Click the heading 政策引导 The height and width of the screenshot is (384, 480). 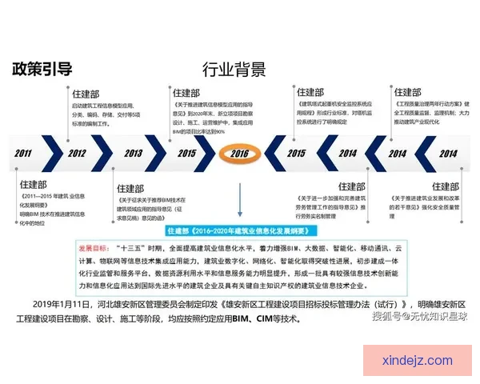[x=42, y=68]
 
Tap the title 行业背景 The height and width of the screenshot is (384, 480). [x=234, y=69]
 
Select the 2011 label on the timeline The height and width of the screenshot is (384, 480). [x=23, y=153]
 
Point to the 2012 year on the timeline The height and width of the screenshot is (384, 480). [x=77, y=153]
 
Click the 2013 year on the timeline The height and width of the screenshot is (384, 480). [x=133, y=153]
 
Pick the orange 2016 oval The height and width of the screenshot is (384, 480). [x=239, y=153]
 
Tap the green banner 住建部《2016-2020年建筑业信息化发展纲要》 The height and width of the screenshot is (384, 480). [x=239, y=230]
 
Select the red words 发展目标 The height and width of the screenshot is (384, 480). [x=95, y=248]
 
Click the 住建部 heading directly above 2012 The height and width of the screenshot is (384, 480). [x=86, y=93]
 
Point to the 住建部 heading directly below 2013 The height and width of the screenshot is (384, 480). [x=130, y=189]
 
